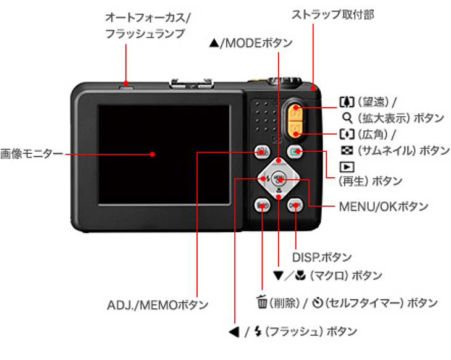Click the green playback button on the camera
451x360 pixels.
point(295,151)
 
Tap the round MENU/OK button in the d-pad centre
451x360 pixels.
point(279,178)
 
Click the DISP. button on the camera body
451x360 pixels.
point(295,205)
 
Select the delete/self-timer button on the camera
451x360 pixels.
point(262,205)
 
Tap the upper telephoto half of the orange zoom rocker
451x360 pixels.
point(295,112)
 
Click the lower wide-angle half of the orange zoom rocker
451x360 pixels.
point(295,129)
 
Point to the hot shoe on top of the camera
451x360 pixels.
point(192,84)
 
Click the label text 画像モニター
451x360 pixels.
point(32,154)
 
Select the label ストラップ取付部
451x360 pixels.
point(333,14)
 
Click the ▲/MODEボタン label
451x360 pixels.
point(251,43)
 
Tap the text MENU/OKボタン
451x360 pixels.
point(384,206)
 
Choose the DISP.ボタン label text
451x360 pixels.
point(322,257)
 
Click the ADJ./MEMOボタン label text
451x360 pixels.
point(158,305)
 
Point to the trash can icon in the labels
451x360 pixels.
point(262,302)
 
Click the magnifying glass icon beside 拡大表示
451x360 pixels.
point(347,117)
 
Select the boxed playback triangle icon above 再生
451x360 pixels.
point(347,167)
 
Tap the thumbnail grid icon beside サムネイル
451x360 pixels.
point(347,150)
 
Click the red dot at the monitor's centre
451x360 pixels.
point(153,154)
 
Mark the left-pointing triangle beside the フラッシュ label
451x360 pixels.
point(234,332)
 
